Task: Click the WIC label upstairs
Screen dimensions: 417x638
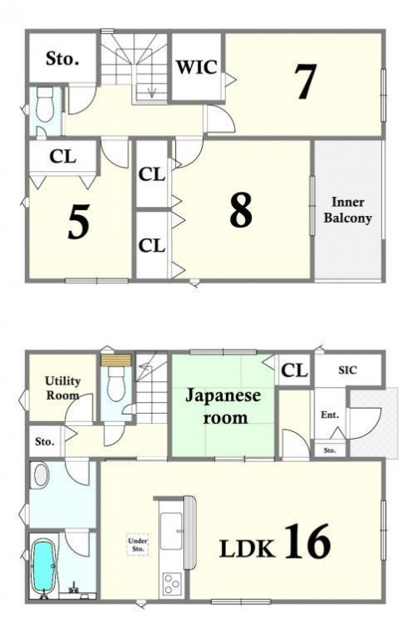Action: click(x=196, y=68)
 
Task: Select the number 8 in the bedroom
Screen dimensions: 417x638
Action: click(x=241, y=210)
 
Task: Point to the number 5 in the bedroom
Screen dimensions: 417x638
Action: click(x=78, y=222)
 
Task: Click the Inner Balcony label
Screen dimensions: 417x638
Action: click(x=348, y=210)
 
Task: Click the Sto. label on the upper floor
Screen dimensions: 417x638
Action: click(x=63, y=58)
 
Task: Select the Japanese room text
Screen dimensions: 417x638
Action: click(x=223, y=406)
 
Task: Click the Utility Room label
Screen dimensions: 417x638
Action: click(x=63, y=388)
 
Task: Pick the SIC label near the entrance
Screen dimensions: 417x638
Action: click(x=348, y=369)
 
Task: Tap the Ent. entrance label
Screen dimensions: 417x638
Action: click(x=329, y=415)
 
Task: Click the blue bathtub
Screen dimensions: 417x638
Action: click(x=43, y=565)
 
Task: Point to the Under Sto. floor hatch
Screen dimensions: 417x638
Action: click(x=138, y=545)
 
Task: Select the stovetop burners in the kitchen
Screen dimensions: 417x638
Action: click(x=171, y=584)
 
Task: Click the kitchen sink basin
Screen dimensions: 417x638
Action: click(x=171, y=530)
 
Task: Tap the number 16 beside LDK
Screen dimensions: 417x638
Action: click(x=307, y=541)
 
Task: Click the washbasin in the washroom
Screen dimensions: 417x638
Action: click(x=42, y=475)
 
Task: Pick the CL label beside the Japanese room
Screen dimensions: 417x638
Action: click(x=294, y=370)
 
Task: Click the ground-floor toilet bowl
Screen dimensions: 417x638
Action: click(x=116, y=384)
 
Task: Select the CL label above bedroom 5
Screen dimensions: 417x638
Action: click(x=63, y=156)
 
